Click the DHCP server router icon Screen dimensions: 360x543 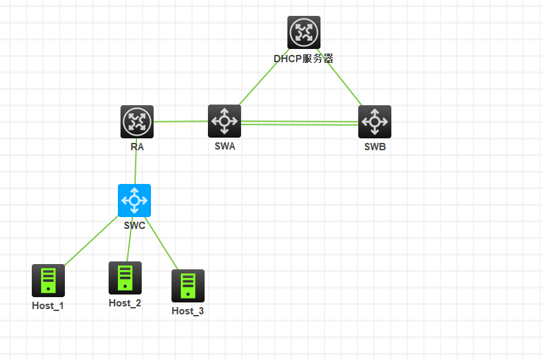pos(304,32)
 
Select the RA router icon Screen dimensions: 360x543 pos(137,122)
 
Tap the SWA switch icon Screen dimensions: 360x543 pos(224,121)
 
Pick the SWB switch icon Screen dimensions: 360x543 pos(375,122)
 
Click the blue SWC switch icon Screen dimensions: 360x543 pos(134,201)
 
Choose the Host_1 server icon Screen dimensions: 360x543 pos(48,281)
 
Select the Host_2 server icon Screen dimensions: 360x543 pos(125,278)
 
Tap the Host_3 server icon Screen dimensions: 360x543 pos(188,286)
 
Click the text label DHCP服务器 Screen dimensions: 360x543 pos(303,58)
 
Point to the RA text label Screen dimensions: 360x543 pos(137,147)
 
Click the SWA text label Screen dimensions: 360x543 pos(224,146)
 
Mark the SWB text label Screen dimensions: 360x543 pos(375,147)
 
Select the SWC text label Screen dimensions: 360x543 pos(134,225)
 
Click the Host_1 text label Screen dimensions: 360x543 pos(48,306)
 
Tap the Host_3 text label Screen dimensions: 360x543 pos(187,311)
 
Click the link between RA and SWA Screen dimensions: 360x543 pos(181,122)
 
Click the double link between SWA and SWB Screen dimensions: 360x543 pos(299,122)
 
